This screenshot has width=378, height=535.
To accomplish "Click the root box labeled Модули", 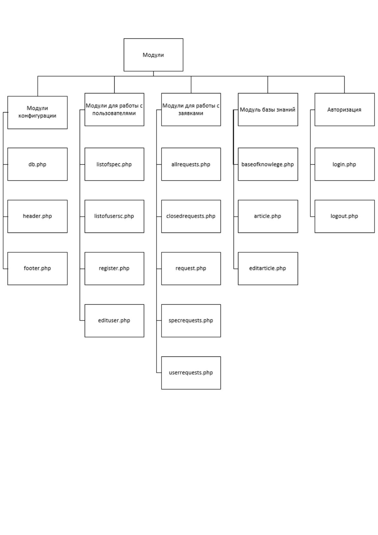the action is coord(153,55).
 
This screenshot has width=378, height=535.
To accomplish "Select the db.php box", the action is coord(37,164).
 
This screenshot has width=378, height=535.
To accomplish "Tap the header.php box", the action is coord(37,216).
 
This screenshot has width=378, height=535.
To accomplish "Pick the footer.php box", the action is coord(37,268).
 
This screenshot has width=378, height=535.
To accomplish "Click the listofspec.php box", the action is coord(114,164).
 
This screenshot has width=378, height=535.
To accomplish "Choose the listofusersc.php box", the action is coord(114,216).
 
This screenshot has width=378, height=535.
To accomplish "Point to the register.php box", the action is coord(114,268).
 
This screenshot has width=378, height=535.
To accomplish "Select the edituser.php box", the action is coord(114,321).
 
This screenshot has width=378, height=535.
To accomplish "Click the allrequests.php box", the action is coord(191,164).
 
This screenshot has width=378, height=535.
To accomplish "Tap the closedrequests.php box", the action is coord(191,216).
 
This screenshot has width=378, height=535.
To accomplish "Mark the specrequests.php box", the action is coord(191,321).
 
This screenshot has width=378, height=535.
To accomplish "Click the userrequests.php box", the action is coord(191,373).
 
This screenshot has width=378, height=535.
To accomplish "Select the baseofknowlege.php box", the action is coord(268,164).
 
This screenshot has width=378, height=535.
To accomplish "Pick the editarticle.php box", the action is coord(268,268).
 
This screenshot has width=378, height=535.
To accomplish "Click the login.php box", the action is coord(344,164).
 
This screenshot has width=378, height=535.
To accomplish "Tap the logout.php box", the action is coord(344,216).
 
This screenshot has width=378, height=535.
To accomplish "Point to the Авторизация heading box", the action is coord(344,109).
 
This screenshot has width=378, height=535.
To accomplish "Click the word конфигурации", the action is coord(37,116).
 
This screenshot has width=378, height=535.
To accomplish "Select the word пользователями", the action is coord(114,113).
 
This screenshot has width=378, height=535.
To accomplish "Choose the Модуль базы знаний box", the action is coord(268,109).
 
